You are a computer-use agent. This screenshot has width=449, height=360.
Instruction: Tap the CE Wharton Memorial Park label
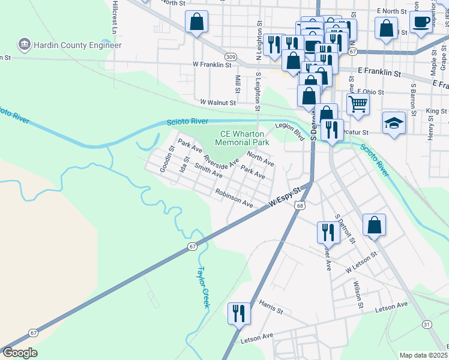[x=242, y=138]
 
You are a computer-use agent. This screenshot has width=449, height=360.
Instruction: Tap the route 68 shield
[x=299, y=205]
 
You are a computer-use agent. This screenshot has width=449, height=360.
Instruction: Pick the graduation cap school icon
[x=393, y=123]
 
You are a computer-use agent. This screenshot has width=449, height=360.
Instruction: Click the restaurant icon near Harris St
[x=239, y=312]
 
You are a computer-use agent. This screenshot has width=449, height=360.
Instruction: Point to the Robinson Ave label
[x=235, y=199]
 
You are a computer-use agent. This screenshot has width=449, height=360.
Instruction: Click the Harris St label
[x=271, y=308]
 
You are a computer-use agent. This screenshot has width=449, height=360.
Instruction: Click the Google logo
[x=20, y=353]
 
